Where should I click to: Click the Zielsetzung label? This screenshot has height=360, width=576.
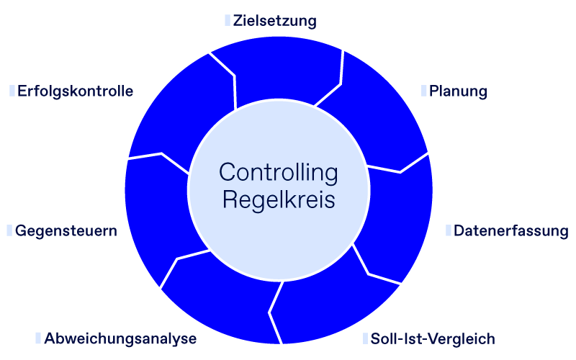pos(275,21)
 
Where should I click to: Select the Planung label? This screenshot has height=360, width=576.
pos(459,91)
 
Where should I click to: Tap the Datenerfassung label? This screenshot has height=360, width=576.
pos(510,231)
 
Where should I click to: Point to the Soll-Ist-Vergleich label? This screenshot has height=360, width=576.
pos(433,339)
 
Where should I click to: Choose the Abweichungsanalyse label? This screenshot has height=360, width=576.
pos(120,339)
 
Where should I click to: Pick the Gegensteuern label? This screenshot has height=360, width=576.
pos(66,231)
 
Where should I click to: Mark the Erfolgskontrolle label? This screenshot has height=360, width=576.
pos(76,91)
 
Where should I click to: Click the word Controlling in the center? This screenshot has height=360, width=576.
pos(279,173)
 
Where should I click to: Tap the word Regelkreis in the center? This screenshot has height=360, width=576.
pos(279,199)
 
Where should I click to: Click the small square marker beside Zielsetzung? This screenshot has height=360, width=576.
pos(228,20)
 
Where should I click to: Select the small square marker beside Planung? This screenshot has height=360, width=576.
pos(424,91)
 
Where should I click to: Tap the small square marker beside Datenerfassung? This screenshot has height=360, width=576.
pos(448,230)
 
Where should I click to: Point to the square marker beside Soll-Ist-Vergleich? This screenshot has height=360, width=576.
pos(366,338)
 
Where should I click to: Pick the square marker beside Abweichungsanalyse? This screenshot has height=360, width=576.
pos(38,338)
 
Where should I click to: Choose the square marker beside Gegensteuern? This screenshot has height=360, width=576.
pos(9,230)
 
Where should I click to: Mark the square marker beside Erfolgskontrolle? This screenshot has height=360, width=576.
pos(12,91)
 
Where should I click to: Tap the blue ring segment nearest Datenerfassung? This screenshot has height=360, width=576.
pos(396,223)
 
